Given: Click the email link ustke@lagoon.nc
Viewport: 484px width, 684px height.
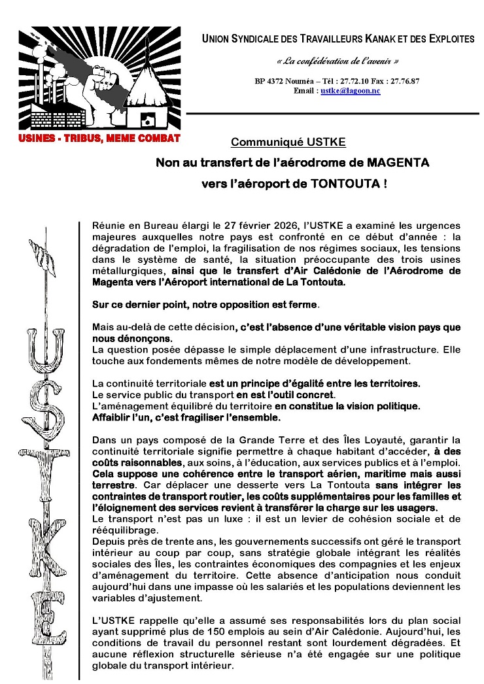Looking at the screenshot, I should pos(351,91).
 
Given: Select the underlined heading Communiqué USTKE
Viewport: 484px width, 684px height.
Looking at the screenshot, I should pos(288,142).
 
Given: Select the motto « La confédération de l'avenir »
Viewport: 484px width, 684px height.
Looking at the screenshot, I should pos(337,61).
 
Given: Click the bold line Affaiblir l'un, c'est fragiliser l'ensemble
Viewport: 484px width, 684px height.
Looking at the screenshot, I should pos(186,417).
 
